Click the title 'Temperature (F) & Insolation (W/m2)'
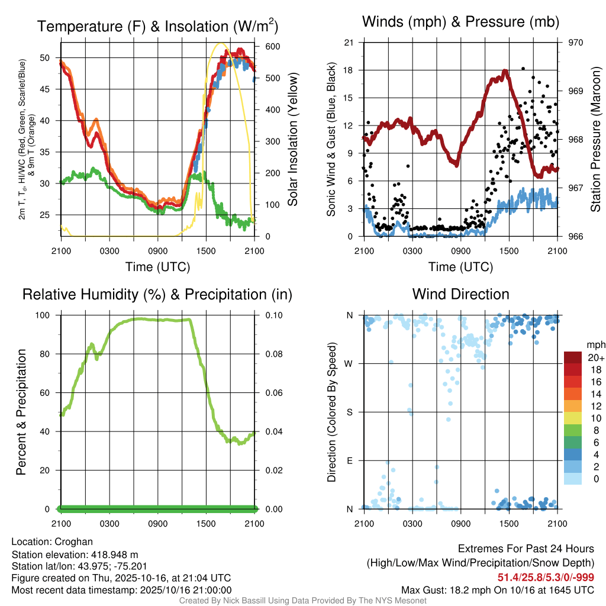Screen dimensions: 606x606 pos(157,27)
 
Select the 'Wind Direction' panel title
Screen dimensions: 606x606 pos(460,294)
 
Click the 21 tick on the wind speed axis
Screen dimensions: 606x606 pos(349,43)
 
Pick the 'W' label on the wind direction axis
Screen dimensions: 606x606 pos(350,363)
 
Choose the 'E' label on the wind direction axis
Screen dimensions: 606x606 pos(350,460)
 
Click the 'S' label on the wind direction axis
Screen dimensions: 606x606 pos(350,412)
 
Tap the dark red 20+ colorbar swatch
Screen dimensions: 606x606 pos(572,357)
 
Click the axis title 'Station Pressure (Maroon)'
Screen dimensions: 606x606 pos(596,139)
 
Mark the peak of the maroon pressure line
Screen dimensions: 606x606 pos(505,71)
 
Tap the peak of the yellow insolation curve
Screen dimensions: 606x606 pos(221,43)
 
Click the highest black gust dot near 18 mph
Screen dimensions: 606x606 pos(523,69)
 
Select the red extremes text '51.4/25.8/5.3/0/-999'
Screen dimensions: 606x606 pos(546,578)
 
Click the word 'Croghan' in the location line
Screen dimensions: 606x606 pos(73,541)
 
